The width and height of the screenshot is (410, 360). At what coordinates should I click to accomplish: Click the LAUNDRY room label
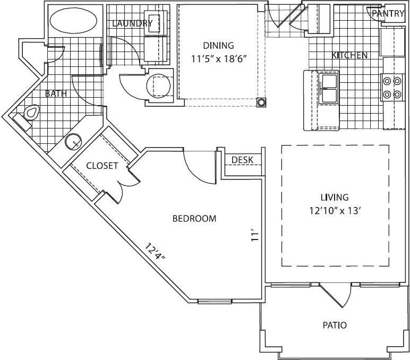click(x=133, y=23)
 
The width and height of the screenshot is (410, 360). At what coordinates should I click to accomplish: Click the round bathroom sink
click(x=73, y=142)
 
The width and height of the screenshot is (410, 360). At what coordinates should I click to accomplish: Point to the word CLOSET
click(x=102, y=166)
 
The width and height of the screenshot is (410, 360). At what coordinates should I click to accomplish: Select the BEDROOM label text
click(x=194, y=219)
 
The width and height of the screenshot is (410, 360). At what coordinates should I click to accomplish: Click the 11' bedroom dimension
click(x=255, y=235)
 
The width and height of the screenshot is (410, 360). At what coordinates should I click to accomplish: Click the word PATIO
click(x=335, y=324)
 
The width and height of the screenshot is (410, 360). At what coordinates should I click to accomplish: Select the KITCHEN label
click(x=349, y=55)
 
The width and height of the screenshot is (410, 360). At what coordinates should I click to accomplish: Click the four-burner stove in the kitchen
click(x=391, y=88)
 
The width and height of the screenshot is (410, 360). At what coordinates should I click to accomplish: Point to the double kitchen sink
click(x=329, y=89)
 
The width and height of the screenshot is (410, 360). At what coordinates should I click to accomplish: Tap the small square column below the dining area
click(x=261, y=102)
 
